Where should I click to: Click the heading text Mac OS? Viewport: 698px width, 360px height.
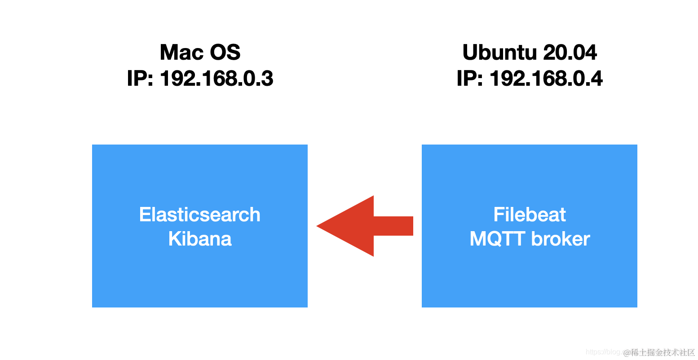coord(200,53)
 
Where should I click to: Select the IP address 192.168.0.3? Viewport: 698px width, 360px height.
coord(216,79)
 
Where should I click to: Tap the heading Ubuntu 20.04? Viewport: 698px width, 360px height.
coord(530,53)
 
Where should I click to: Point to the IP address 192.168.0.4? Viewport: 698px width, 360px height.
coord(546,79)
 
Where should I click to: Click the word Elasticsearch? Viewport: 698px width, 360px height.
coord(200,215)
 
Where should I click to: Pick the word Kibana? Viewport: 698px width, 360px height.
coord(200,239)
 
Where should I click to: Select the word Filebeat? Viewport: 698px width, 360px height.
coord(530,215)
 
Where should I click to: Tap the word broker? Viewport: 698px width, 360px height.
coord(561,239)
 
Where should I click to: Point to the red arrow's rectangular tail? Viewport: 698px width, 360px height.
coord(393,226)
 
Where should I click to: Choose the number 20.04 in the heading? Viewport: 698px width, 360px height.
coord(570,53)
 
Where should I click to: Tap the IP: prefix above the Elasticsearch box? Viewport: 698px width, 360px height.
coord(141,79)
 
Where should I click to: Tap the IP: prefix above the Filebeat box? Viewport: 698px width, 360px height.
coord(470,79)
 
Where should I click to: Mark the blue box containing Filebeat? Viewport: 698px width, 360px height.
coord(530,278)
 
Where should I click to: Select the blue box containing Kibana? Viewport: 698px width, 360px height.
coord(200,278)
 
